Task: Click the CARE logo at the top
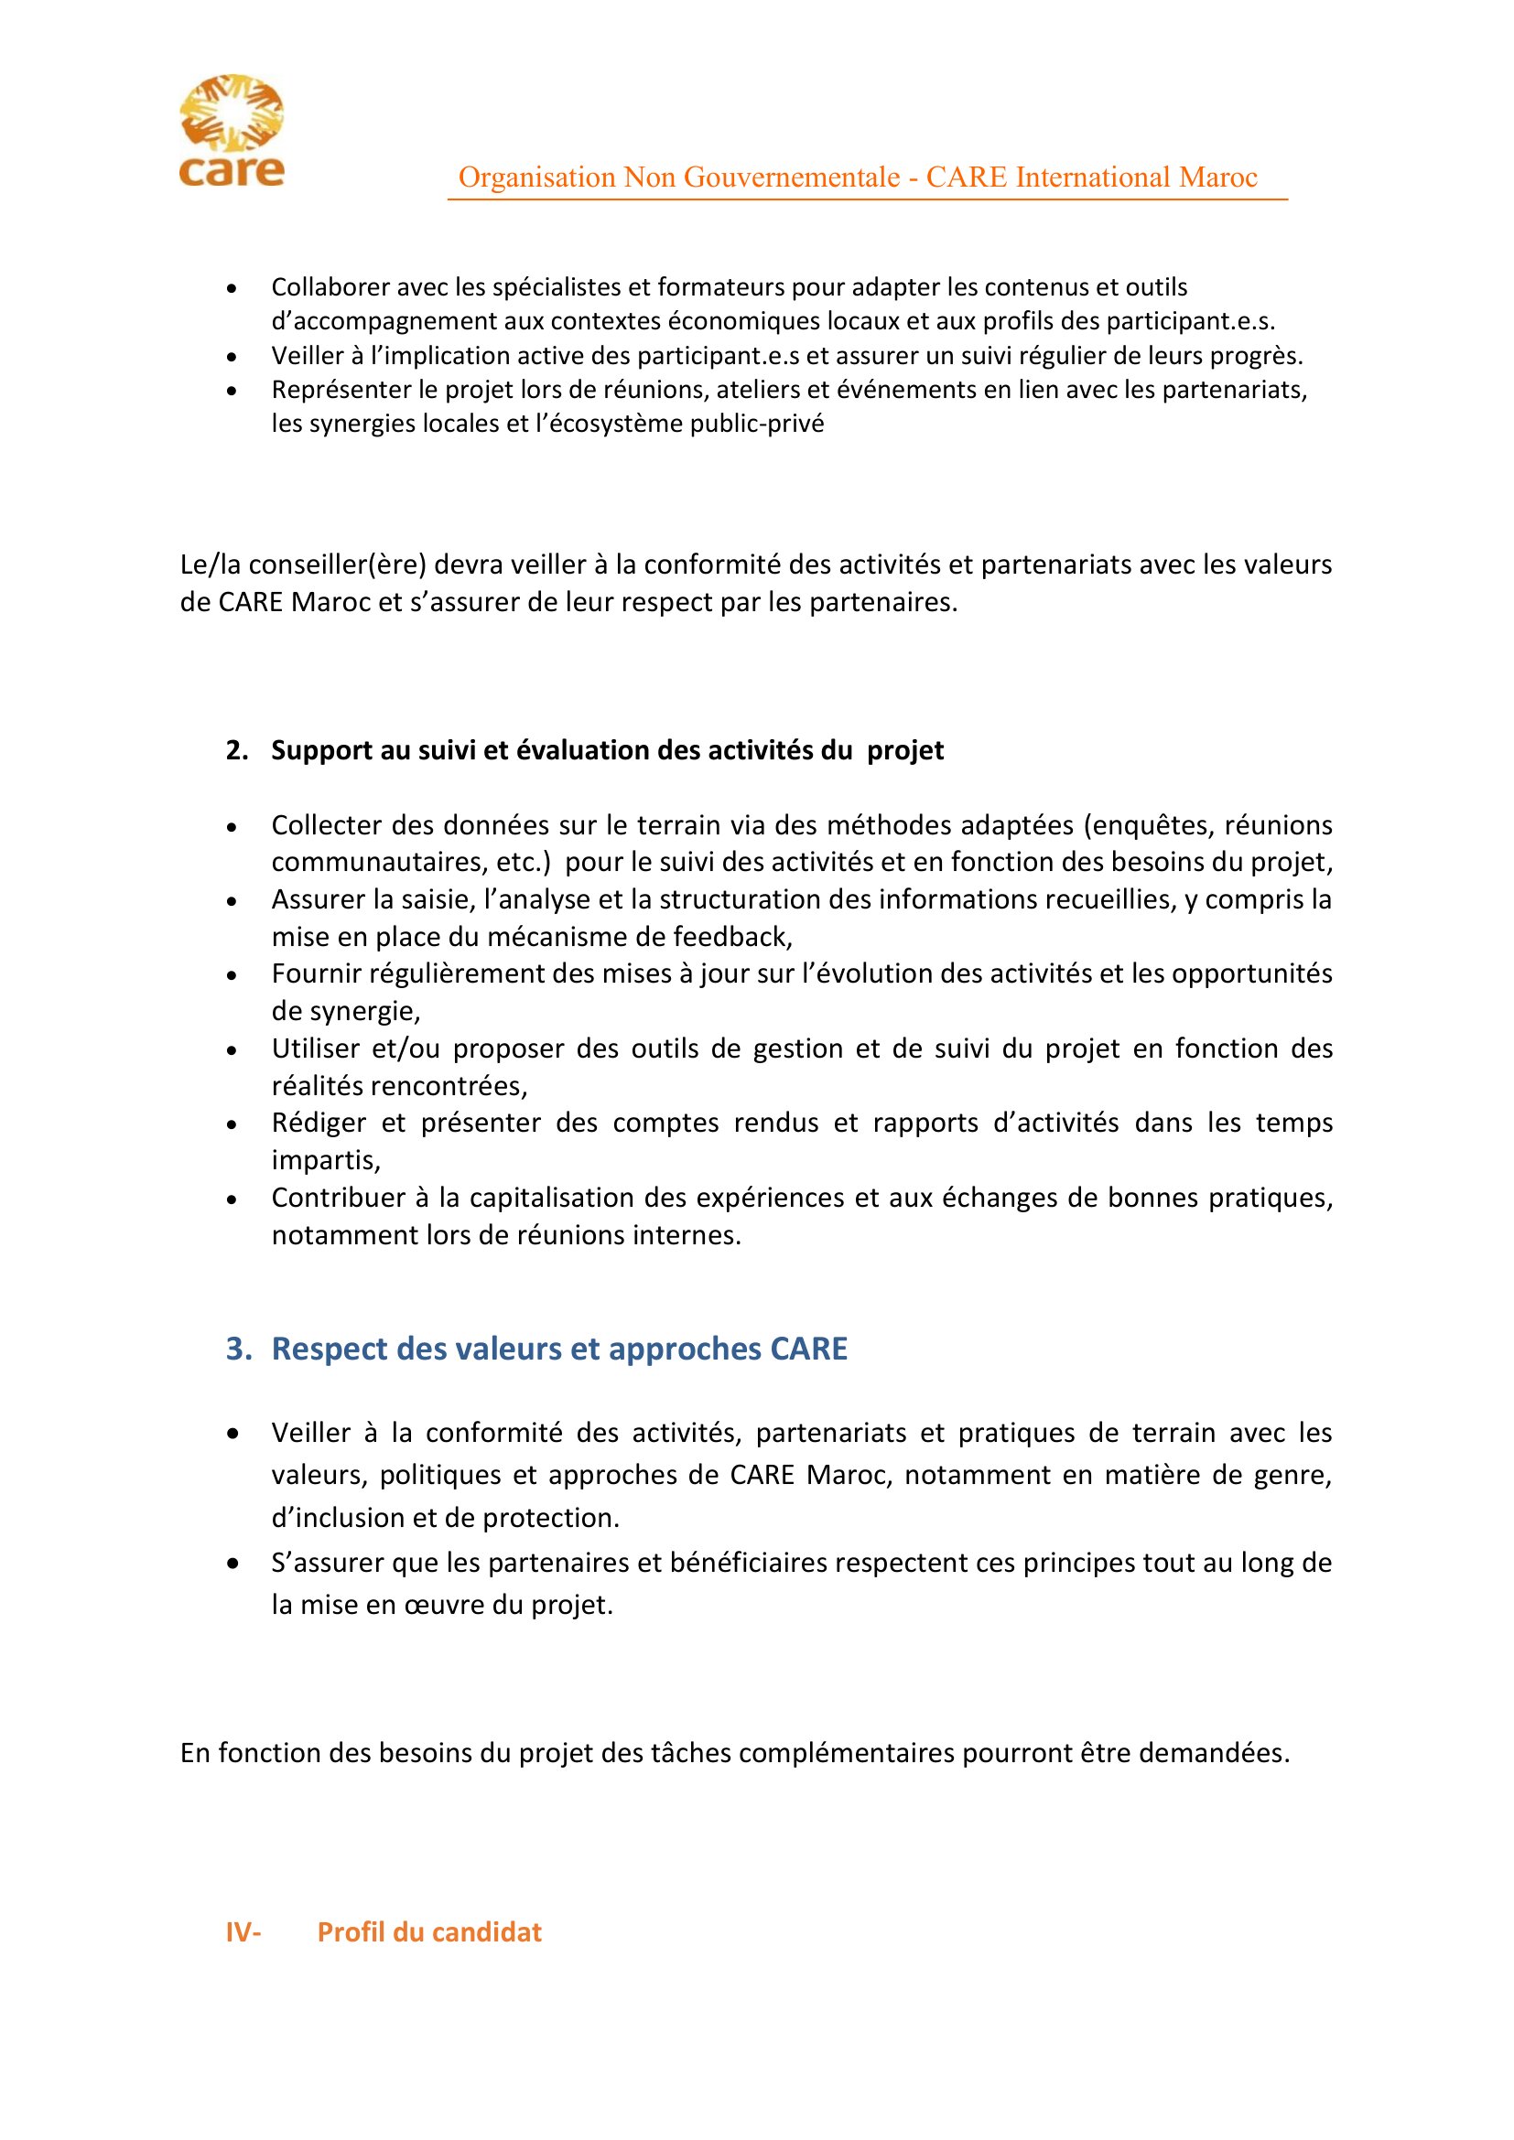(x=232, y=131)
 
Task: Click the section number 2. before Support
(x=237, y=750)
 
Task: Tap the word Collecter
(x=324, y=826)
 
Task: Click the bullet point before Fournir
(x=233, y=976)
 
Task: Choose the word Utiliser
(x=315, y=1048)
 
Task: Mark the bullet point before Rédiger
(x=233, y=1125)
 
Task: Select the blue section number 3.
(x=239, y=1349)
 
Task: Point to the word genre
(x=1292, y=1476)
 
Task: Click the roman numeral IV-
(x=243, y=1932)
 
